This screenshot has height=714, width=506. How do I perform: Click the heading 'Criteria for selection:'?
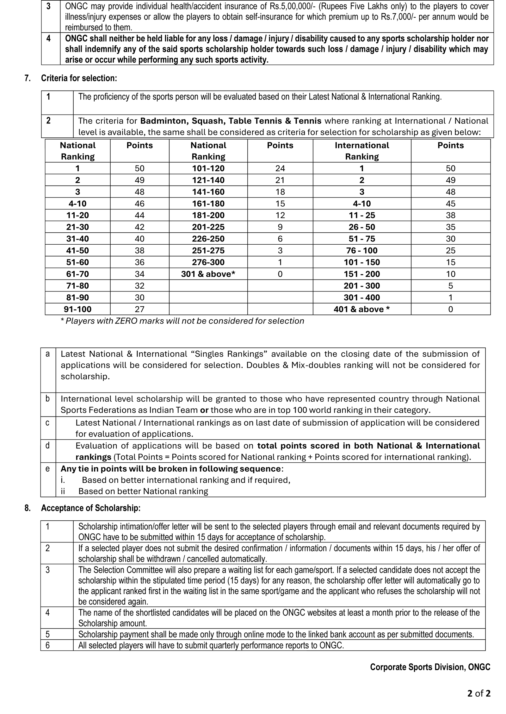pyautogui.click(x=79, y=78)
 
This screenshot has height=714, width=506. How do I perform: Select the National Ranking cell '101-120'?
pyautogui.click(x=208, y=168)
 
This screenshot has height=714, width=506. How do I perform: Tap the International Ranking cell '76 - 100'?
pyautogui.click(x=362, y=251)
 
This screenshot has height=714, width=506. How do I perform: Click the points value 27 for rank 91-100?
pyautogui.click(x=139, y=309)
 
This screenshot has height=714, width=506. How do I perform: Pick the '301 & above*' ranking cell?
pyautogui.click(x=208, y=274)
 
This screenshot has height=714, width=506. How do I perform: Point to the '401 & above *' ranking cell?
pyautogui.click(x=362, y=309)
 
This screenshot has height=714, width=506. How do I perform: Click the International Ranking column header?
pyautogui.click(x=362, y=151)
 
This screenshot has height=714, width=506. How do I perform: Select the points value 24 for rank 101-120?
pyautogui.click(x=280, y=168)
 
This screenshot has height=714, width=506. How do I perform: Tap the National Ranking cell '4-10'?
pyautogui.click(x=77, y=204)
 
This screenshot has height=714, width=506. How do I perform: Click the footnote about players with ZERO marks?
pyautogui.click(x=182, y=321)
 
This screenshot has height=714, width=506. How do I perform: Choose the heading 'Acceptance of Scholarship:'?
pyautogui.click(x=91, y=508)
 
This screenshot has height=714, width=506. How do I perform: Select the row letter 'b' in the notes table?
pyautogui.click(x=48, y=399)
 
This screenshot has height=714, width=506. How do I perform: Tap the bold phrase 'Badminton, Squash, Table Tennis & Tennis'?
pyautogui.click(x=231, y=121)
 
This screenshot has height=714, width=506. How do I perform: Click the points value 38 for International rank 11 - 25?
pyautogui.click(x=450, y=216)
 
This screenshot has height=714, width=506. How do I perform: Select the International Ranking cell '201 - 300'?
pyautogui.click(x=362, y=286)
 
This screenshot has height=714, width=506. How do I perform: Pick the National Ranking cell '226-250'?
pyautogui.click(x=208, y=239)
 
